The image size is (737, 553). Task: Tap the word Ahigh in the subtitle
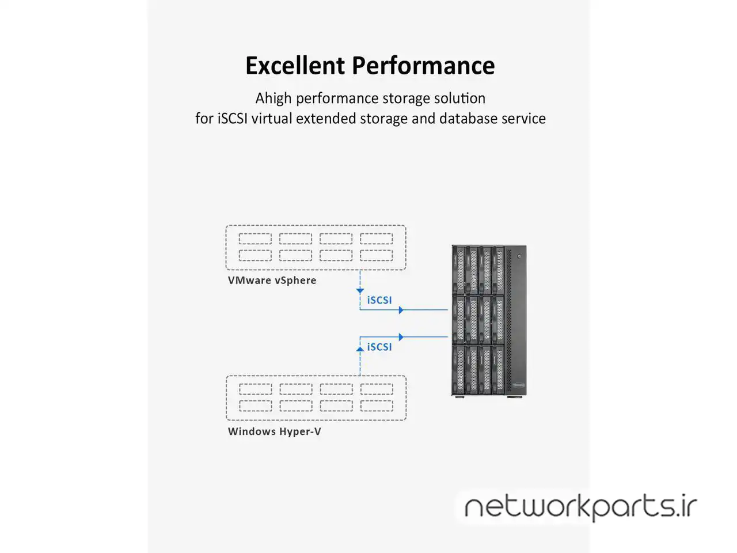[274, 99]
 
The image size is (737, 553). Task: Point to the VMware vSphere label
[272, 281]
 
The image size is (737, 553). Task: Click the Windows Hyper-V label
[274, 431]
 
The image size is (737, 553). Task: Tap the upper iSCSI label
[379, 300]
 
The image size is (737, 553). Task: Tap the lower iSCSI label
[379, 347]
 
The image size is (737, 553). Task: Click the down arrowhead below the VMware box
[360, 291]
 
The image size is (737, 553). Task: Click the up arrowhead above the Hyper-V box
[360, 348]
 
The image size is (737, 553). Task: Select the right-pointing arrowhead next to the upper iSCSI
[401, 310]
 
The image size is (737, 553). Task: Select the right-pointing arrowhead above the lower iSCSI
[401, 337]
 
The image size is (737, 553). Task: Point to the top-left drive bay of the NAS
[459, 270]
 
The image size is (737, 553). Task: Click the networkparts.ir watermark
[580, 507]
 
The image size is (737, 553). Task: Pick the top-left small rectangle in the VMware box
[255, 238]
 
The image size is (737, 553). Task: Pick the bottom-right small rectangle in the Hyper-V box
[377, 406]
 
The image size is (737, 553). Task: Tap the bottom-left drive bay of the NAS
[459, 369]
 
